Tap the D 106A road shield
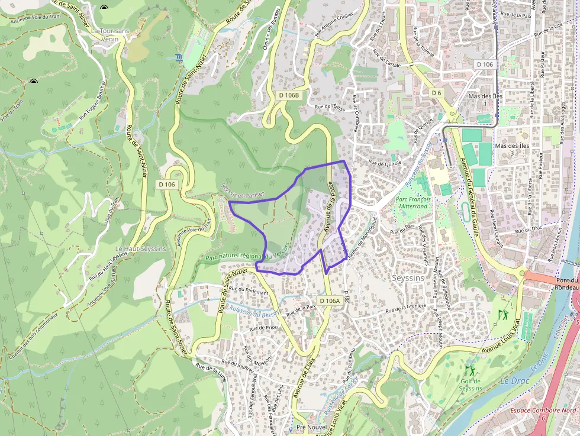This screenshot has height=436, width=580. [x=330, y=301]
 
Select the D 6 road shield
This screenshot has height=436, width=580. [x=436, y=93]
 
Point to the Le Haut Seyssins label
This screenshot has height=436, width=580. [x=141, y=249]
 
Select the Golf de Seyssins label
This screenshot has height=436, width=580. [x=471, y=385]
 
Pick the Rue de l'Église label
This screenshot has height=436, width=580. [x=330, y=107]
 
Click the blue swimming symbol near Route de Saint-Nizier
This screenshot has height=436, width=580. [x=178, y=57]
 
